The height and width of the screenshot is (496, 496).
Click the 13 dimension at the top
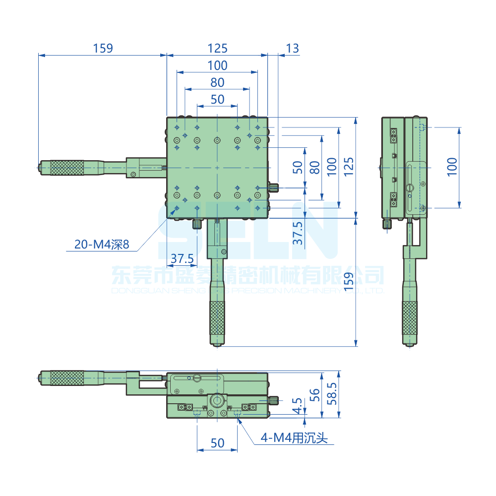coord(293,48)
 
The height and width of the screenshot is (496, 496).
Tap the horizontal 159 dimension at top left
coord(103,48)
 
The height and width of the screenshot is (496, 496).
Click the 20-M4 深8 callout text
coord(102,244)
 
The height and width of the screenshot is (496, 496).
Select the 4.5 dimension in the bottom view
coord(297,405)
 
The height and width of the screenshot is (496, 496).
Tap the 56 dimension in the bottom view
coord(314,395)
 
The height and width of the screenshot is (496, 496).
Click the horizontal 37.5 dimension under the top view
coord(182,258)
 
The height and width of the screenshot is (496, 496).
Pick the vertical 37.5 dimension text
coord(297,233)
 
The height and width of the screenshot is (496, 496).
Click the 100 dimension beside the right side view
coord(451,167)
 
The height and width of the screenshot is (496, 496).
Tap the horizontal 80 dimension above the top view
coord(217,82)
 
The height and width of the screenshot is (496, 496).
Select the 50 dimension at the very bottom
coord(217,443)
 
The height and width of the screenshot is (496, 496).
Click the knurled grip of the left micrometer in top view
coord(66,168)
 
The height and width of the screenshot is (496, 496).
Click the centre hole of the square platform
coord(217,168)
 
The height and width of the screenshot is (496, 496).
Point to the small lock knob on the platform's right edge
coord(274,187)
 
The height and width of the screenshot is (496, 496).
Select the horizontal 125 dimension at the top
coord(217,48)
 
